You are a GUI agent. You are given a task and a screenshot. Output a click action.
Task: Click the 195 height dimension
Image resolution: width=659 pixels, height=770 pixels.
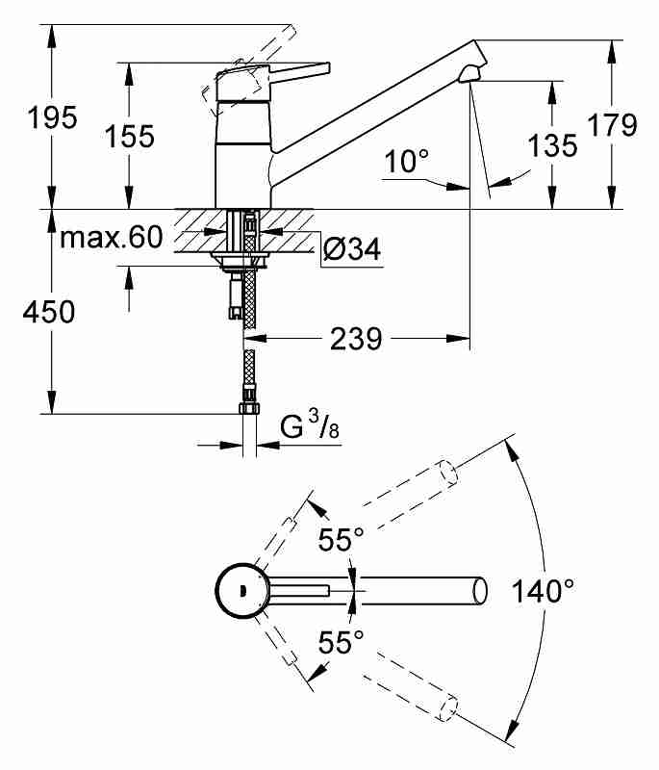[53, 117]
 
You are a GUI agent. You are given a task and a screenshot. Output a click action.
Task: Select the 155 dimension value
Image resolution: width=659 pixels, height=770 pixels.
[130, 136]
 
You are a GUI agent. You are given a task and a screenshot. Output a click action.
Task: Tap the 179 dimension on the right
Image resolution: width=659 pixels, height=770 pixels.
[613, 125]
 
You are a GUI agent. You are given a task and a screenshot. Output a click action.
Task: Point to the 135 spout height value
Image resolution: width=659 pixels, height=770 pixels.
[553, 145]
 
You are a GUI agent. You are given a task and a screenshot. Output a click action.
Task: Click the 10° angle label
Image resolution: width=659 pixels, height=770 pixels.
[406, 161]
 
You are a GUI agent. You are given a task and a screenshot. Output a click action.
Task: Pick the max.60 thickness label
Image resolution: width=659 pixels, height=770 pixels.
[111, 237]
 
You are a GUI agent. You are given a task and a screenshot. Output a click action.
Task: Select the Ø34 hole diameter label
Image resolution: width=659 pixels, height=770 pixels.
[352, 249]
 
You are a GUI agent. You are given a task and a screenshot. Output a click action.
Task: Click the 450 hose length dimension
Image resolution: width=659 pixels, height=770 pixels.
[48, 312]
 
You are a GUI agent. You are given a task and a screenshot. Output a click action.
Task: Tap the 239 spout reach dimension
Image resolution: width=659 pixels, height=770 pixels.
[356, 339]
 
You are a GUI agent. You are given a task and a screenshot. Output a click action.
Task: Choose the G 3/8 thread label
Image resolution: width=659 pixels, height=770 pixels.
[310, 425]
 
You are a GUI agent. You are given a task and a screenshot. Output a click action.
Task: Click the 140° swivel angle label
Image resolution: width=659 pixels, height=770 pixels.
[543, 591]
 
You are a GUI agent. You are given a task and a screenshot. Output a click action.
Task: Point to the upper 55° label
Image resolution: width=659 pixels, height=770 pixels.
[341, 540]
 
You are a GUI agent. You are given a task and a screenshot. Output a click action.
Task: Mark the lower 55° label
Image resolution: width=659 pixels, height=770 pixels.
[341, 641]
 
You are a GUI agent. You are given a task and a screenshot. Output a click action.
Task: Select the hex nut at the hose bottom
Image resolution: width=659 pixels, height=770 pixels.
[249, 407]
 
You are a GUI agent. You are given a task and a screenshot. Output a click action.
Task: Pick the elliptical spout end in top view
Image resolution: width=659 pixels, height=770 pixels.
[480, 591]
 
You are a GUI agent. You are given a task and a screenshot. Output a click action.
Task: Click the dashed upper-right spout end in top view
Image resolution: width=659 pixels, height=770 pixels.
[447, 473]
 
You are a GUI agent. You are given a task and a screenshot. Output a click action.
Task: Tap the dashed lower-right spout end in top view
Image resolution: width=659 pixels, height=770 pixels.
[449, 707]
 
